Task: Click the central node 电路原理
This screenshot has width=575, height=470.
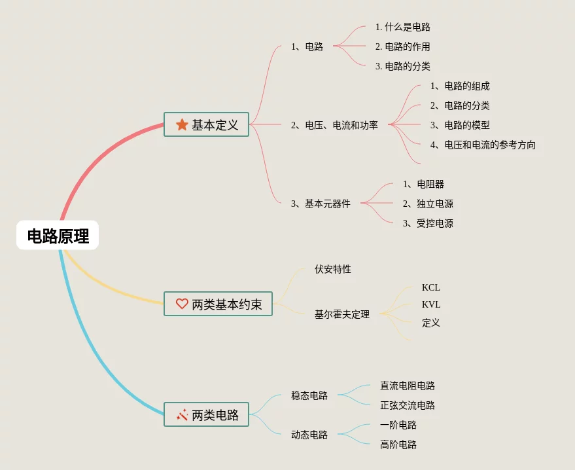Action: pos(58,236)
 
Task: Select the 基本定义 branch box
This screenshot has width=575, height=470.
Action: pos(206,124)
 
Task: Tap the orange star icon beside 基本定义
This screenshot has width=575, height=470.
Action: pos(182,124)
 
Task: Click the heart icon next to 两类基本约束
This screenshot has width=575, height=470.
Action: pos(182,304)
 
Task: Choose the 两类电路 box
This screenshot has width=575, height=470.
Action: pos(206,414)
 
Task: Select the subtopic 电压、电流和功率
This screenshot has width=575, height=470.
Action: pos(334,125)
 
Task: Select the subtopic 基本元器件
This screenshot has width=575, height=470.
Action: pos(321,204)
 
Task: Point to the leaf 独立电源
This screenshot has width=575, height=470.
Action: pos(428,204)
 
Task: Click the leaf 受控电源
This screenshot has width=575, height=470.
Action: pos(428,223)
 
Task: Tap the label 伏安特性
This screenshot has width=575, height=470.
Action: pos(333,269)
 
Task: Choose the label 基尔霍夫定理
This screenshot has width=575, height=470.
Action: pos(342,314)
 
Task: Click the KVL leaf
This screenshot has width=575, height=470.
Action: pos(431,304)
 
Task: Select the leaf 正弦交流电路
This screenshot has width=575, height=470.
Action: pos(408,405)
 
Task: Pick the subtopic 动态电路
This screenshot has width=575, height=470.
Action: pos(309,435)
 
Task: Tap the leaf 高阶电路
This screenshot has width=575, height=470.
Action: pos(398,444)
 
